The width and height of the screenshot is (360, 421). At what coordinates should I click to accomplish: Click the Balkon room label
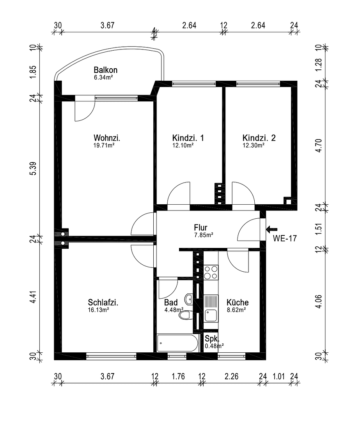coord(105,70)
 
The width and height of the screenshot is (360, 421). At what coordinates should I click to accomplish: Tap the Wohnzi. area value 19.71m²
coord(104,145)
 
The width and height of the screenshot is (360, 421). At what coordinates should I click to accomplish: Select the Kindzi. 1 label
coord(188,138)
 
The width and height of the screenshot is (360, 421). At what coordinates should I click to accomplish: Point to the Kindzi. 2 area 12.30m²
coord(254,145)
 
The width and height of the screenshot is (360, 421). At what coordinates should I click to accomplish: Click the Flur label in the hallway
coord(200,228)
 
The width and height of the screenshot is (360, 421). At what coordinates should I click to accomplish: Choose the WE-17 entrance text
coord(285,238)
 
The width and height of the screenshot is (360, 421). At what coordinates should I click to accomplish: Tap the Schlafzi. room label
coord(103,303)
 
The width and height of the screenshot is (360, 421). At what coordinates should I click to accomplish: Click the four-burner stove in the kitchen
coord(211,272)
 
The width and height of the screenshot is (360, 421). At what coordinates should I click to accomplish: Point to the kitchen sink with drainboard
coord(211,308)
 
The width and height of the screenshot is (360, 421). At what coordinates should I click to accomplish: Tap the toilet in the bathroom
coord(185,315)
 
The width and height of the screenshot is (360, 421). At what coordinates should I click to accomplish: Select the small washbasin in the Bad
coord(188,299)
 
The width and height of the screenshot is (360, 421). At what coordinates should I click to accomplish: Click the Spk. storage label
coord(212,338)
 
